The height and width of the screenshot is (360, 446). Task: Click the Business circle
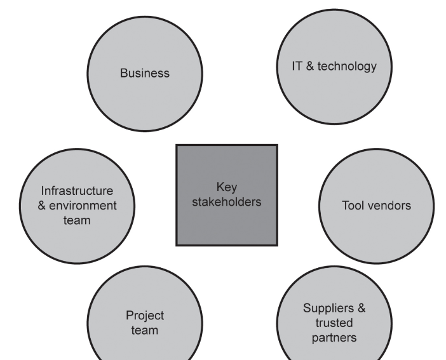point(145,73)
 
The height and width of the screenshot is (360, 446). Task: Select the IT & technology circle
point(334,66)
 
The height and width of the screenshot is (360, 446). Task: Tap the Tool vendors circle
point(377,205)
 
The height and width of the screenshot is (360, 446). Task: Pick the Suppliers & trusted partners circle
point(334,323)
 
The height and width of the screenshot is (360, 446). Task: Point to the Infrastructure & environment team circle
point(78,205)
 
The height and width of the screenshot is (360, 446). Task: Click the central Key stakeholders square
point(227,195)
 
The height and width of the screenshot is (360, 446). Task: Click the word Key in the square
point(227,187)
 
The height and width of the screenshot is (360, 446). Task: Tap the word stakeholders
point(227,203)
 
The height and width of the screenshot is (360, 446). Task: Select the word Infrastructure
point(77,190)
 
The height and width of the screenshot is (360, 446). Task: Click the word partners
point(334,337)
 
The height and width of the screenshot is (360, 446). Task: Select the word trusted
point(334,323)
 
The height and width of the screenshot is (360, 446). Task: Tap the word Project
point(145,316)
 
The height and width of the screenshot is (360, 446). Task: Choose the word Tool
point(353,205)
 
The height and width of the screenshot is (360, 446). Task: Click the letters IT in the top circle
point(297,66)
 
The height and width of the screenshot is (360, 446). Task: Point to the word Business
point(145,73)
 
